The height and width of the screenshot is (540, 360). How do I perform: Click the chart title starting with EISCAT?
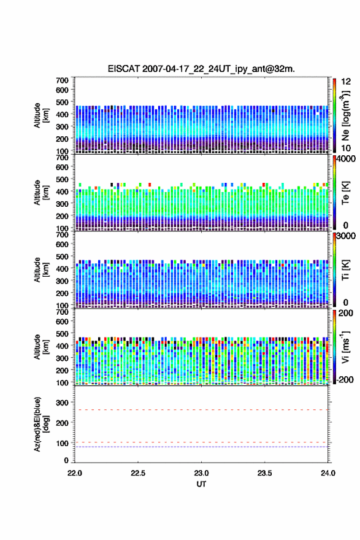(x=201, y=69)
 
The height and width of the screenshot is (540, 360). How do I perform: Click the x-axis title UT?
(x=201, y=484)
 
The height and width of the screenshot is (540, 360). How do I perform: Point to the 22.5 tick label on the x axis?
(x=137, y=473)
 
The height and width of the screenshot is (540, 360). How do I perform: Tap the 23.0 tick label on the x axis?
(x=201, y=473)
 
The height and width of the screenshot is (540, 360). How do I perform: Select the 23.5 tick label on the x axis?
(x=265, y=473)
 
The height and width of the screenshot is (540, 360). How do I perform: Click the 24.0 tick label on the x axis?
(x=327, y=473)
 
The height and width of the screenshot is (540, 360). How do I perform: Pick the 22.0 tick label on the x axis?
(x=75, y=473)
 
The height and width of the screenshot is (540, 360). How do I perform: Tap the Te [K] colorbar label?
(x=345, y=193)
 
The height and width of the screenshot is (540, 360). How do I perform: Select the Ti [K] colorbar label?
(x=345, y=269)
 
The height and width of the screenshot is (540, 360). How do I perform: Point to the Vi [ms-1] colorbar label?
(x=345, y=347)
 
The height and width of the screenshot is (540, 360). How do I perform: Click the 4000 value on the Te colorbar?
(x=347, y=159)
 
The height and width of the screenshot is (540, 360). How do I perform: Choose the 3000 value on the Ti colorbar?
(x=347, y=236)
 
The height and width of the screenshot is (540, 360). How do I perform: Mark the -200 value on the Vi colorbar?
(x=345, y=379)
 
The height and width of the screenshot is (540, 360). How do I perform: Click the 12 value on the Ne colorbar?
(x=347, y=82)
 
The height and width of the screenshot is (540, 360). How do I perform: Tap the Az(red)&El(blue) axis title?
(x=42, y=424)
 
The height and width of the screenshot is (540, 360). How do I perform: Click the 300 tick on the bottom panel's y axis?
(x=63, y=403)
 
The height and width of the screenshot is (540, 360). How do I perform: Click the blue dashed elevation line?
(x=201, y=447)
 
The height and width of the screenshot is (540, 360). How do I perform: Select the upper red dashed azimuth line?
(x=201, y=410)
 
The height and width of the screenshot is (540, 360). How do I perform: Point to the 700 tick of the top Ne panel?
(x=63, y=80)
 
